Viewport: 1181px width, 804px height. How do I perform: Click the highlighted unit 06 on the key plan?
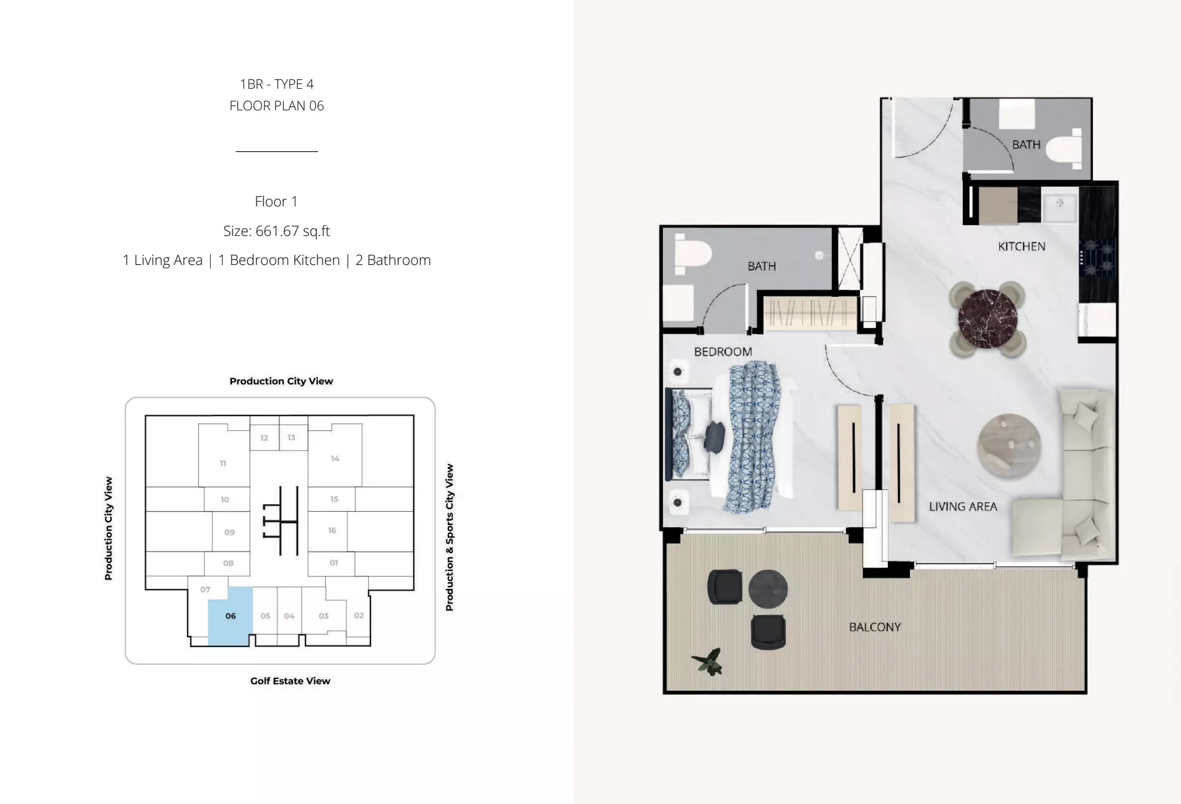point(230,616)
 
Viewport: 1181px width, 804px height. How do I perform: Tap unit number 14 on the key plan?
point(335,458)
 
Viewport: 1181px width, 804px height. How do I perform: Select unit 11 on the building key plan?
point(223,463)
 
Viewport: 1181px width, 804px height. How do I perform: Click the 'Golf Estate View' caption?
point(290,681)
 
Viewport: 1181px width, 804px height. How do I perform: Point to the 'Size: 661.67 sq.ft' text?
point(276,231)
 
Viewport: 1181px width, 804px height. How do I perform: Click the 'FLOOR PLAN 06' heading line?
point(276,106)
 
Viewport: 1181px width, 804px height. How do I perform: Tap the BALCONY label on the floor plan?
point(875,627)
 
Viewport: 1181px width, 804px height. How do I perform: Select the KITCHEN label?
point(1021,246)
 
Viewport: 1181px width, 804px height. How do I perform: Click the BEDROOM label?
point(723,352)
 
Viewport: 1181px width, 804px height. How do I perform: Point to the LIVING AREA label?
point(963,507)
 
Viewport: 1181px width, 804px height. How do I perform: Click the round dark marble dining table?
point(988,319)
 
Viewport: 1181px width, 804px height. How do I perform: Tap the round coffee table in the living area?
point(1009,446)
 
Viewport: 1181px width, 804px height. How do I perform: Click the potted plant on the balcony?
point(708,662)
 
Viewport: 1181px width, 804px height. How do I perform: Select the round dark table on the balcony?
point(768,589)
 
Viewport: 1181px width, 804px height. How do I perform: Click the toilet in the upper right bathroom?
point(1063,149)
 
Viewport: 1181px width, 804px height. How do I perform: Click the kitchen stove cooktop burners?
point(1099,258)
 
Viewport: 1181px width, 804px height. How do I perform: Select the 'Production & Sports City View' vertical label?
point(450,537)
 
